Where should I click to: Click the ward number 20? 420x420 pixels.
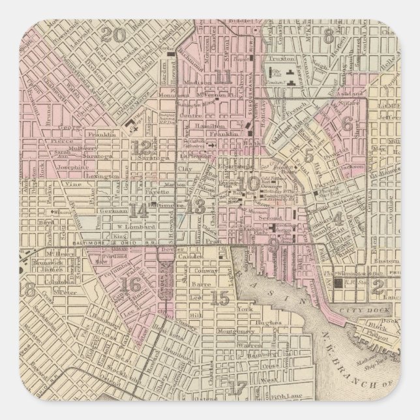pos(119,35)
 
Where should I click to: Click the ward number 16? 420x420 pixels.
pos(131,284)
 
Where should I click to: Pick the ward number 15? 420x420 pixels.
pos(222,299)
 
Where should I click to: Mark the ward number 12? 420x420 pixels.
pos(141,147)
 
